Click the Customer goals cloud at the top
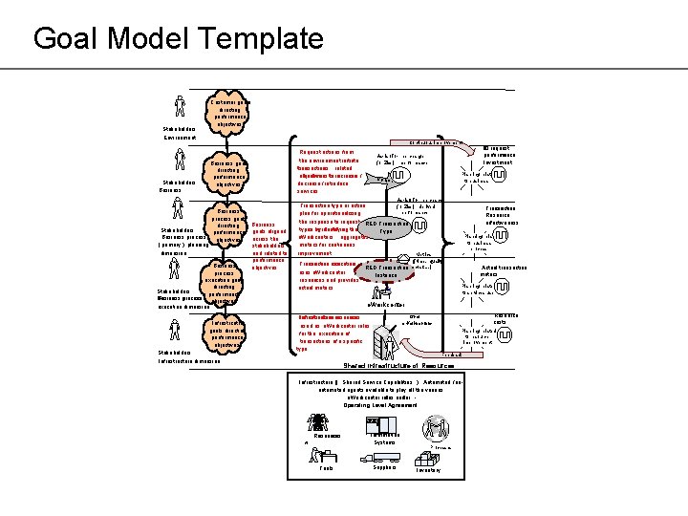point(229,111)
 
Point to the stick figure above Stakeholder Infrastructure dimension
point(179,328)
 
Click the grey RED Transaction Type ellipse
point(387,226)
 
